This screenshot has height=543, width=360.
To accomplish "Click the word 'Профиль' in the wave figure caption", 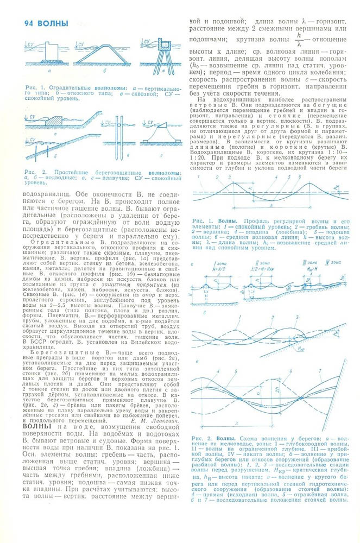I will tap(255, 221).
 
